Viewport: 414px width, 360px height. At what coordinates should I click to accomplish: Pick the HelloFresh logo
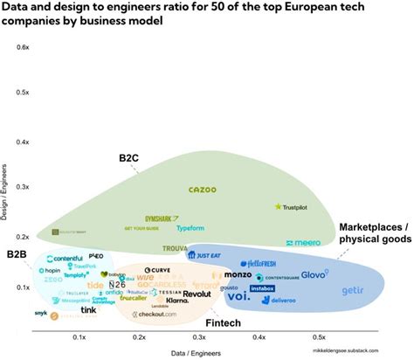259,263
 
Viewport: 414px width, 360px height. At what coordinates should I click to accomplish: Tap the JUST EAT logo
207,256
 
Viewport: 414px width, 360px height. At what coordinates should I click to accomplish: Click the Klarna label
177,300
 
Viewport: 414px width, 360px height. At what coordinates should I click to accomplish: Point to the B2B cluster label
17,253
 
